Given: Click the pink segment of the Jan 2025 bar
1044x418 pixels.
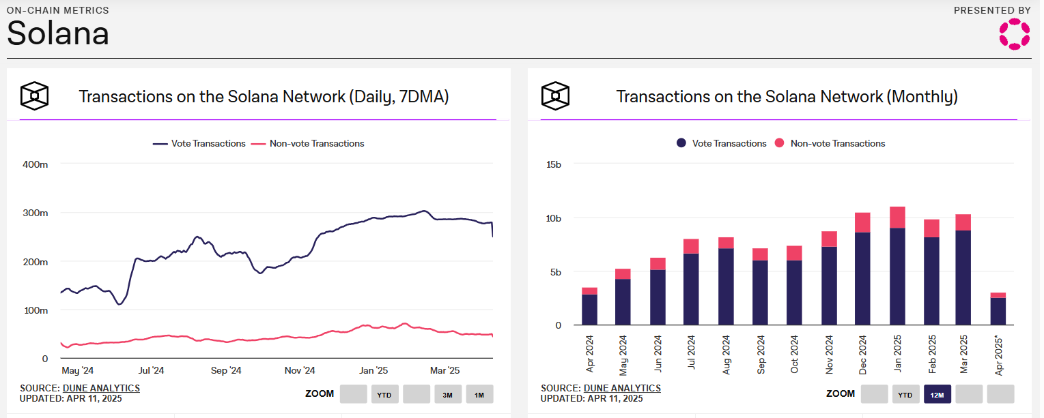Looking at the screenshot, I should click(x=897, y=217).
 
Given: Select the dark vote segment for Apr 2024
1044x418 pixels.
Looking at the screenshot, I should click(x=589, y=310).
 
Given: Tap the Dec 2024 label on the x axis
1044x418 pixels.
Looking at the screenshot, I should click(x=863, y=355).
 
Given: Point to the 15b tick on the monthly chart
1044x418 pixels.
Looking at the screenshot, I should click(x=553, y=164).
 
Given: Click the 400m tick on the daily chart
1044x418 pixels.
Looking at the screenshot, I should click(x=36, y=164).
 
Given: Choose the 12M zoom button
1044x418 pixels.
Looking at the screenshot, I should click(x=937, y=394).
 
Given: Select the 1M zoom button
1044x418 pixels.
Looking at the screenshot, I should click(x=479, y=394).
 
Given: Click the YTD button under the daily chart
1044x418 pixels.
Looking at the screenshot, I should click(x=385, y=394).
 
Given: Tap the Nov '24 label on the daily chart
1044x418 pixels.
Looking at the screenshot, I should click(x=300, y=371).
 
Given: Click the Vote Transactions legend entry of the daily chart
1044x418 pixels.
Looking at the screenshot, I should click(x=199, y=144).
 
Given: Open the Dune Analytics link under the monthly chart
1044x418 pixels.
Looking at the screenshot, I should click(x=622, y=388).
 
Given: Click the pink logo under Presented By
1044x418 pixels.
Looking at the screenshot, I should click(x=1014, y=34).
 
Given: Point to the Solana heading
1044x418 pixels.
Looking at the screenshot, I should click(x=58, y=33).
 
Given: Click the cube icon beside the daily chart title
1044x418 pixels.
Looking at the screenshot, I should click(x=34, y=96).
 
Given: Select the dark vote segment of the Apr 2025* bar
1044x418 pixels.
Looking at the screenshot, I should click(x=997, y=311).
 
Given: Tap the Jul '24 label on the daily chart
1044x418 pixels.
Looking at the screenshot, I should click(x=151, y=371).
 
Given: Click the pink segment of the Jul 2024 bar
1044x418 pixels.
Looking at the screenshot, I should click(x=692, y=246).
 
